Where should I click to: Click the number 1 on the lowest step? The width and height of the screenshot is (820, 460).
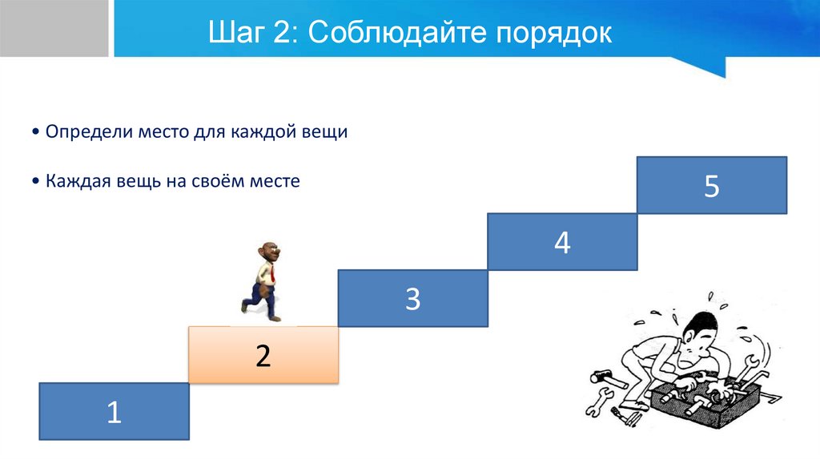click(x=114, y=413)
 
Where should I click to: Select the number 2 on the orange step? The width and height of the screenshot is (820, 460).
click(x=263, y=356)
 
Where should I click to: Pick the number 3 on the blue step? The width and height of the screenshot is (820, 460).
click(x=412, y=299)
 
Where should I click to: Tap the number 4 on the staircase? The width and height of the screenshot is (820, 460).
click(x=562, y=243)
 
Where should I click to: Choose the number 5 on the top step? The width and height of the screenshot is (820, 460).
click(x=712, y=186)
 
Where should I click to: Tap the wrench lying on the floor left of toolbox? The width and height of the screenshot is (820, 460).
click(x=599, y=401)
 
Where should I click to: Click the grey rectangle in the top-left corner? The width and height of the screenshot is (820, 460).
click(x=54, y=28)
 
